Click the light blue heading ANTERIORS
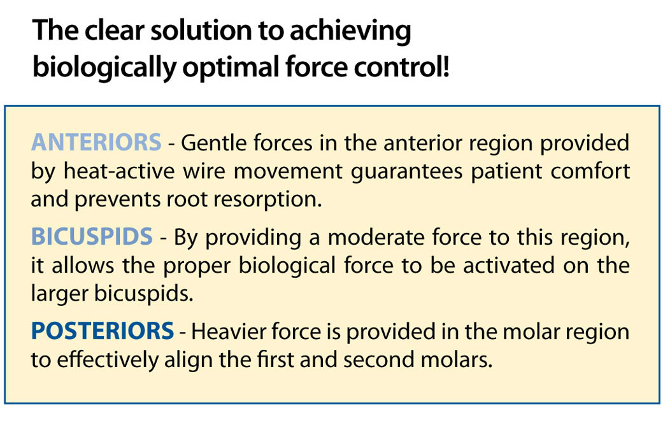point(96,142)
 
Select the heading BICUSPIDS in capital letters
point(92,236)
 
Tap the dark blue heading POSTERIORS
point(103,331)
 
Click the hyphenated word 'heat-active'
point(120,171)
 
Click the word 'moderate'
point(376,237)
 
